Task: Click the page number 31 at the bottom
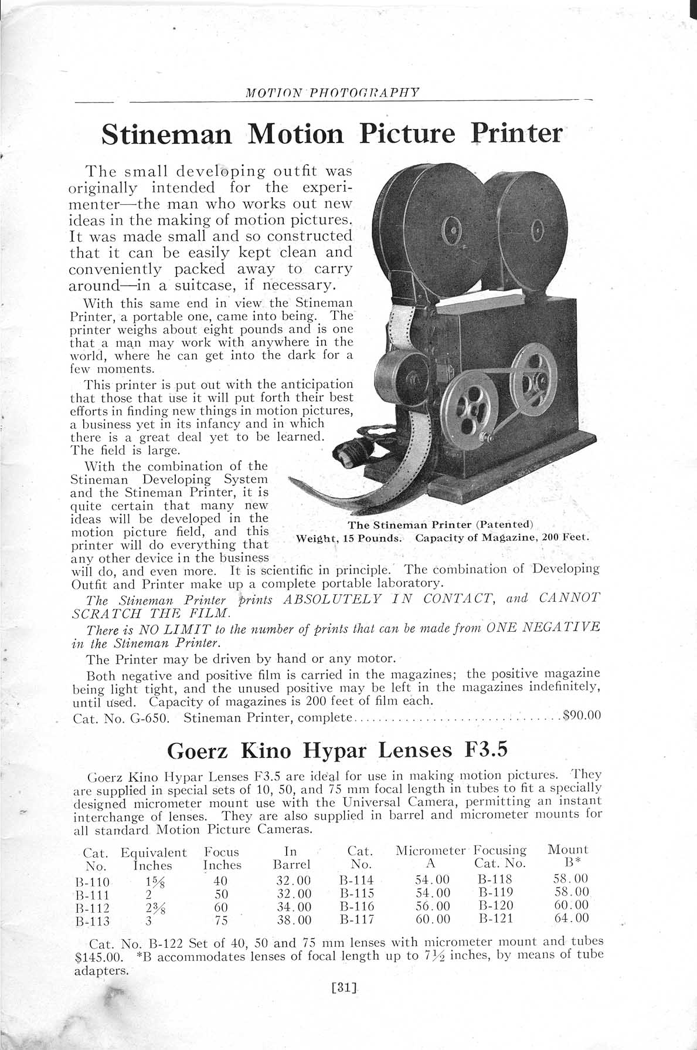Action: (344, 987)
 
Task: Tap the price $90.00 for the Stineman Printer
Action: (580, 716)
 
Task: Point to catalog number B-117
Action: (356, 920)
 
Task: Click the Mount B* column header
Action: (567, 856)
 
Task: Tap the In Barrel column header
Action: (291, 858)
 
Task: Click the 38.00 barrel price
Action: (293, 920)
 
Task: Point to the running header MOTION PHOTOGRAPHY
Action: (332, 92)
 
